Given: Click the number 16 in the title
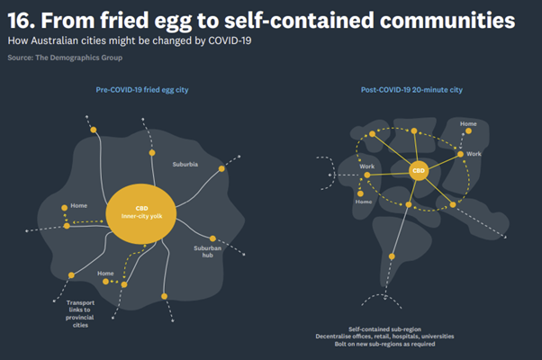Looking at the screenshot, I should pos(22,20).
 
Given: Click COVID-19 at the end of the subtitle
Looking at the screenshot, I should pos(230,41).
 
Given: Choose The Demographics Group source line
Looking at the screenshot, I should pos(78,57).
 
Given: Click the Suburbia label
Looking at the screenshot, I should pos(185,165).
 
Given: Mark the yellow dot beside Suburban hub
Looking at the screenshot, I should pos(212,238).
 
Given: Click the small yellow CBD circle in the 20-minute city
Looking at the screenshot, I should pos(418,169).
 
